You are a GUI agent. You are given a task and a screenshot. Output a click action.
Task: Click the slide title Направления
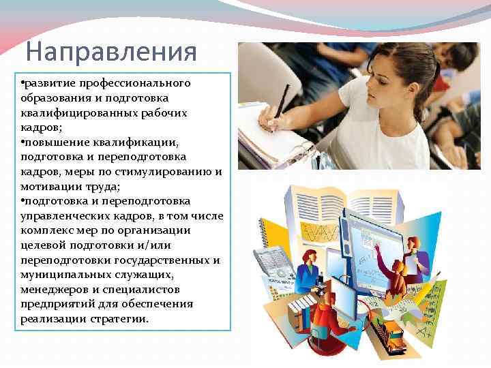(111, 52)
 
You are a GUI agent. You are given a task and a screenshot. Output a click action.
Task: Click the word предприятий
(60, 304)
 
